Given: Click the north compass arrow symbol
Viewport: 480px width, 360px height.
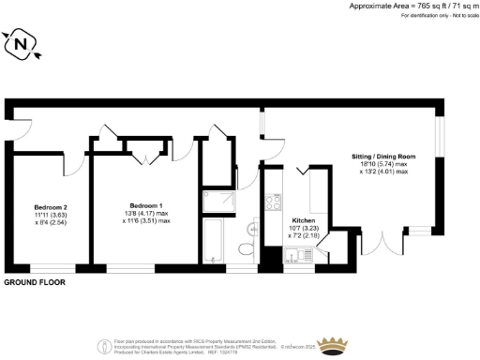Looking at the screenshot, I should point(21,43).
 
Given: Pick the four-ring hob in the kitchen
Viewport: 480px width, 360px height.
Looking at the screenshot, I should point(275,202).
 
